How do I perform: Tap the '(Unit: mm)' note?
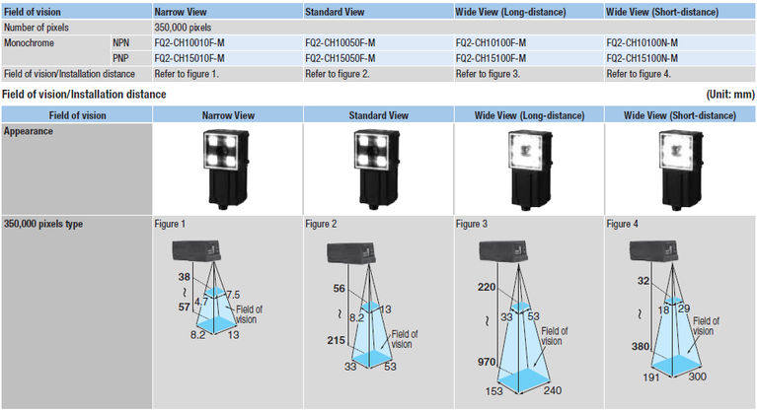coord(729,94)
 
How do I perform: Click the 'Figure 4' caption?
coord(623,225)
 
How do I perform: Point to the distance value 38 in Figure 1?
coord(183,278)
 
